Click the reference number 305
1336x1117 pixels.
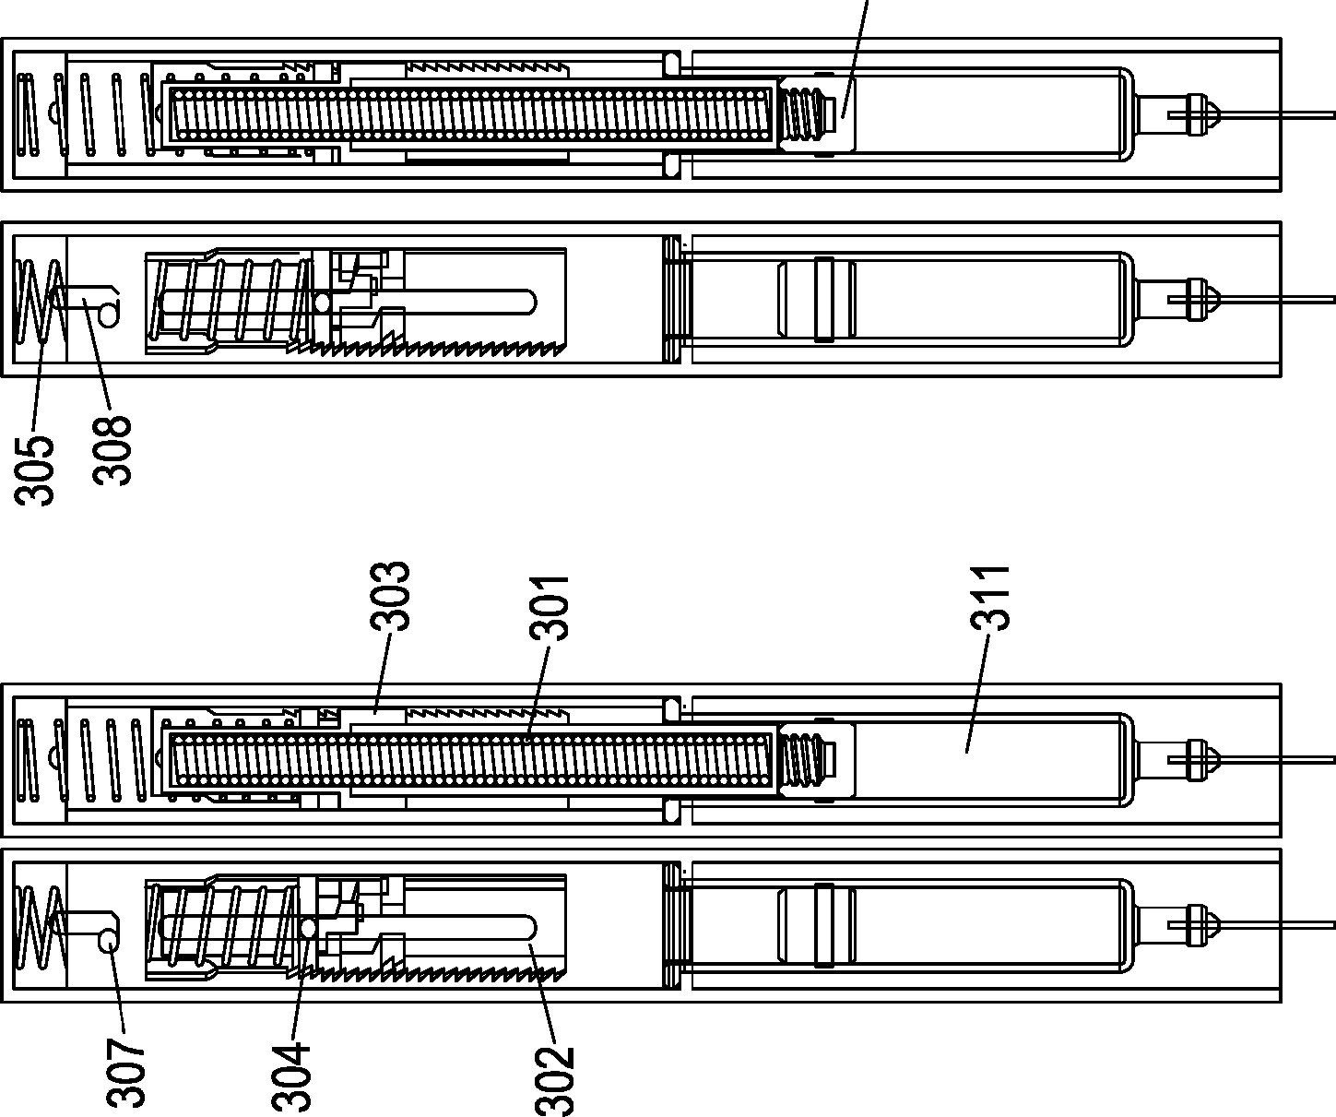[x=34, y=470]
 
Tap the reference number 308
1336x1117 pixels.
[x=112, y=451]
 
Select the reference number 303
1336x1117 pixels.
[x=390, y=596]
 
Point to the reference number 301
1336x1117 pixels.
[x=549, y=608]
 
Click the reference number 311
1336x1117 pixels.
[x=989, y=599]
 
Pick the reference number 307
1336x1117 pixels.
[x=126, y=1074]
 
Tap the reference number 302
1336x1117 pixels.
[x=554, y=1081]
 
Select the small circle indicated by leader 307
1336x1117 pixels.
[x=108, y=940]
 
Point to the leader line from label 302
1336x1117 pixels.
[x=542, y=992]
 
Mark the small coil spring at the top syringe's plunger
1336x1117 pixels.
[x=804, y=115]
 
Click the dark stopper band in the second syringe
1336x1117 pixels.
[x=824, y=300]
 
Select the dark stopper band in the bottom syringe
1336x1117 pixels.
[x=824, y=925]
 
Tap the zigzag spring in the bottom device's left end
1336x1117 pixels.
[x=40, y=928]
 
